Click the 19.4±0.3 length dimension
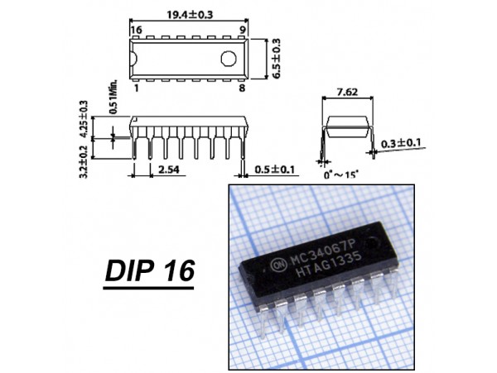coord(190,15)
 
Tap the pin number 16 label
coord(137,30)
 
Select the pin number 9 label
coord(242,30)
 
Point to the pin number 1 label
coord(137,88)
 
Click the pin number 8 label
coord(242,88)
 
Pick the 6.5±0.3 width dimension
coord(276,58)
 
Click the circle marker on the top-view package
coord(229,59)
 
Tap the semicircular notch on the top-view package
coord(133,59)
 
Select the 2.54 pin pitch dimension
coord(169,170)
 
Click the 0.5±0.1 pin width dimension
coord(275,170)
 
